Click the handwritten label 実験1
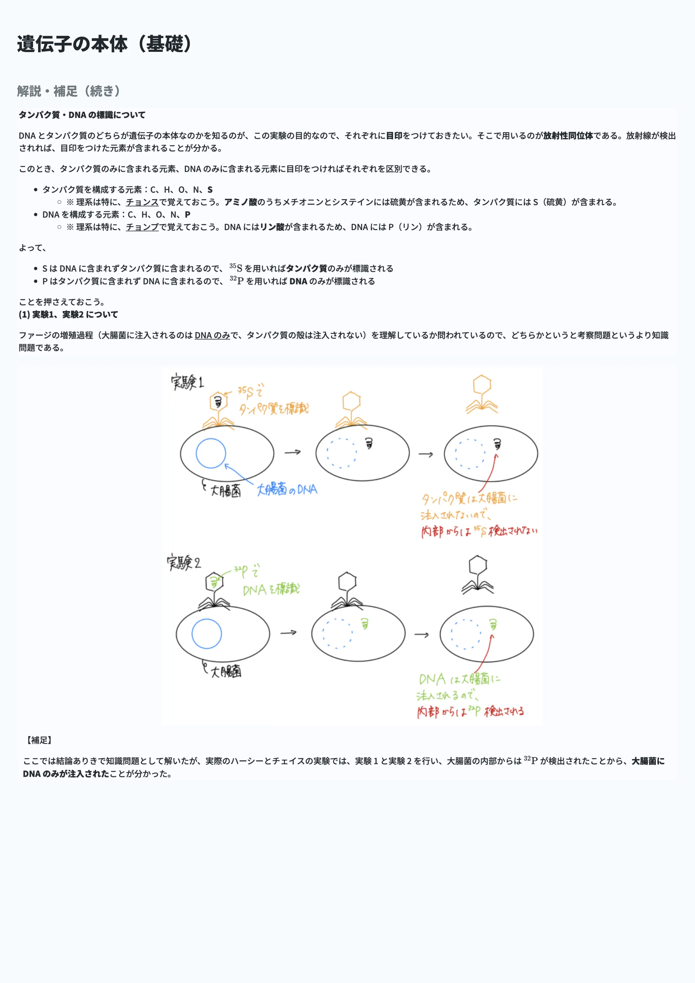click(187, 382)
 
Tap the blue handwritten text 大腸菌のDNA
click(287, 489)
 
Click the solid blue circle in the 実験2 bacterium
click(207, 634)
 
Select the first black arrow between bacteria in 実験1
click(293, 452)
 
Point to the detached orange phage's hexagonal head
click(482, 384)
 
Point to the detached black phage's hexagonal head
click(478, 565)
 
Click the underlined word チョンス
click(142, 202)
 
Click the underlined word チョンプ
click(142, 227)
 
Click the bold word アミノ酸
click(241, 202)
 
